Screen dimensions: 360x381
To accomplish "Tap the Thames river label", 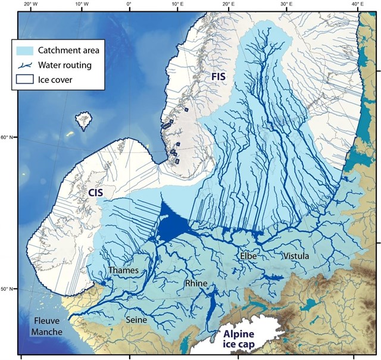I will pyautogui.click(x=124, y=270).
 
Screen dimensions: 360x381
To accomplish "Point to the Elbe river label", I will pyautogui.click(x=249, y=256).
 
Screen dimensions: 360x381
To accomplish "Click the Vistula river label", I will pyautogui.click(x=296, y=256).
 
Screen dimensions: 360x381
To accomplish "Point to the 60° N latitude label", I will pyautogui.click(x=8, y=137).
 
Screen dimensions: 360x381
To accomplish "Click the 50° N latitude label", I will pyautogui.click(x=8, y=289).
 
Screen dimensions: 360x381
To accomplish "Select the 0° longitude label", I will pyautogui.click(x=129, y=5).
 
